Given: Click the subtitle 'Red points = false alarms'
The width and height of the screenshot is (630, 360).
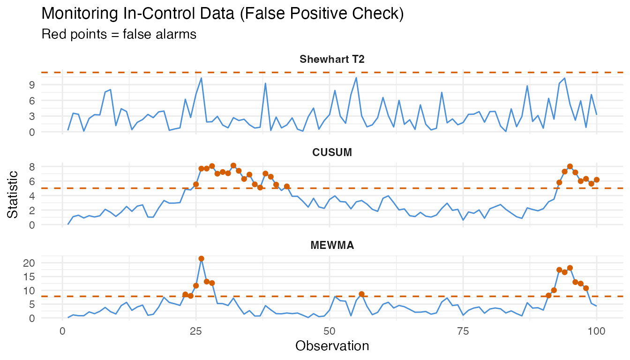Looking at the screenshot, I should tap(119, 34).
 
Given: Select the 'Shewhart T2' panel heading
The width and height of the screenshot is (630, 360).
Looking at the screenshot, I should tap(332, 59).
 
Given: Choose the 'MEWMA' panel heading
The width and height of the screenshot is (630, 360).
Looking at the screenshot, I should tap(332, 245).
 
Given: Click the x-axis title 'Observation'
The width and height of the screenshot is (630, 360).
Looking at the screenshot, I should tap(332, 346).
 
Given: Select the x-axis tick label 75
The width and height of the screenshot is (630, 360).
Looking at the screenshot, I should tap(463, 330).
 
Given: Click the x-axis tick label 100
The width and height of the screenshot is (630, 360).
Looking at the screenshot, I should tap(596, 330).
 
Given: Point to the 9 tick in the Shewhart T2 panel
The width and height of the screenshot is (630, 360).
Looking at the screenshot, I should tap(32, 85).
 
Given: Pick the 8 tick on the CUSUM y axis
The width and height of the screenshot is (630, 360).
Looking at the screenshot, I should tap(32, 166).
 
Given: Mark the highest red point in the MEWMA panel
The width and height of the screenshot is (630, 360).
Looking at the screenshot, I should tap(201, 259).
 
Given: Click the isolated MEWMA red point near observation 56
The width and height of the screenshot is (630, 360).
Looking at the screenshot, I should tap(361, 294).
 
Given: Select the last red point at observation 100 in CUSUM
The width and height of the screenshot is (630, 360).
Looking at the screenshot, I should tap(597, 180).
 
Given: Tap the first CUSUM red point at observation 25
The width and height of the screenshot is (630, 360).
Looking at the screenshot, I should tap(196, 184).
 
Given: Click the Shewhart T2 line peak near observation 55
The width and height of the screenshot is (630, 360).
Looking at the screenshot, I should tap(356, 78).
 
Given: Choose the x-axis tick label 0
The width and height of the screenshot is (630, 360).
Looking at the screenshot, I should tap(63, 330).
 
